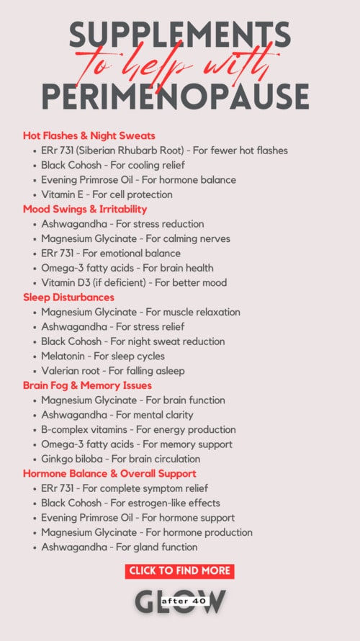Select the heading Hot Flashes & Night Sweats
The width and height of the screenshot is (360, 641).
89,135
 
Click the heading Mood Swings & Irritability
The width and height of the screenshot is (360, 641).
85,209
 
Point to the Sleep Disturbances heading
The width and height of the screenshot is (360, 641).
68,297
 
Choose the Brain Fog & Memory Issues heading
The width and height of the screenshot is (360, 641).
88,385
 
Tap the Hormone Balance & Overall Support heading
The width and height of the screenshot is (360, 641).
109,473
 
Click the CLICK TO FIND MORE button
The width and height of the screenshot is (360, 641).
180,570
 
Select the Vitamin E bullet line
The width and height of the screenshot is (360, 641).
107,194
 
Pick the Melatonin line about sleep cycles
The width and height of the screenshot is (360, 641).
103,356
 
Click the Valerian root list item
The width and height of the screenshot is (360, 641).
113,371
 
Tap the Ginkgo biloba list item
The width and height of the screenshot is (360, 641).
121,459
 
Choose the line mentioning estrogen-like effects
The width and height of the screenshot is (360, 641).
130,503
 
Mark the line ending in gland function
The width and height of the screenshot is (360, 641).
120,547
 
